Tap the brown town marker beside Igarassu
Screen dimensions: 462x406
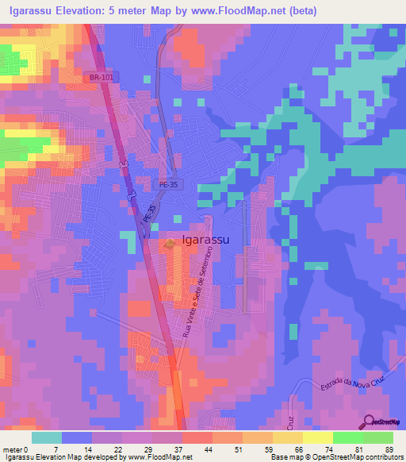172,244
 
